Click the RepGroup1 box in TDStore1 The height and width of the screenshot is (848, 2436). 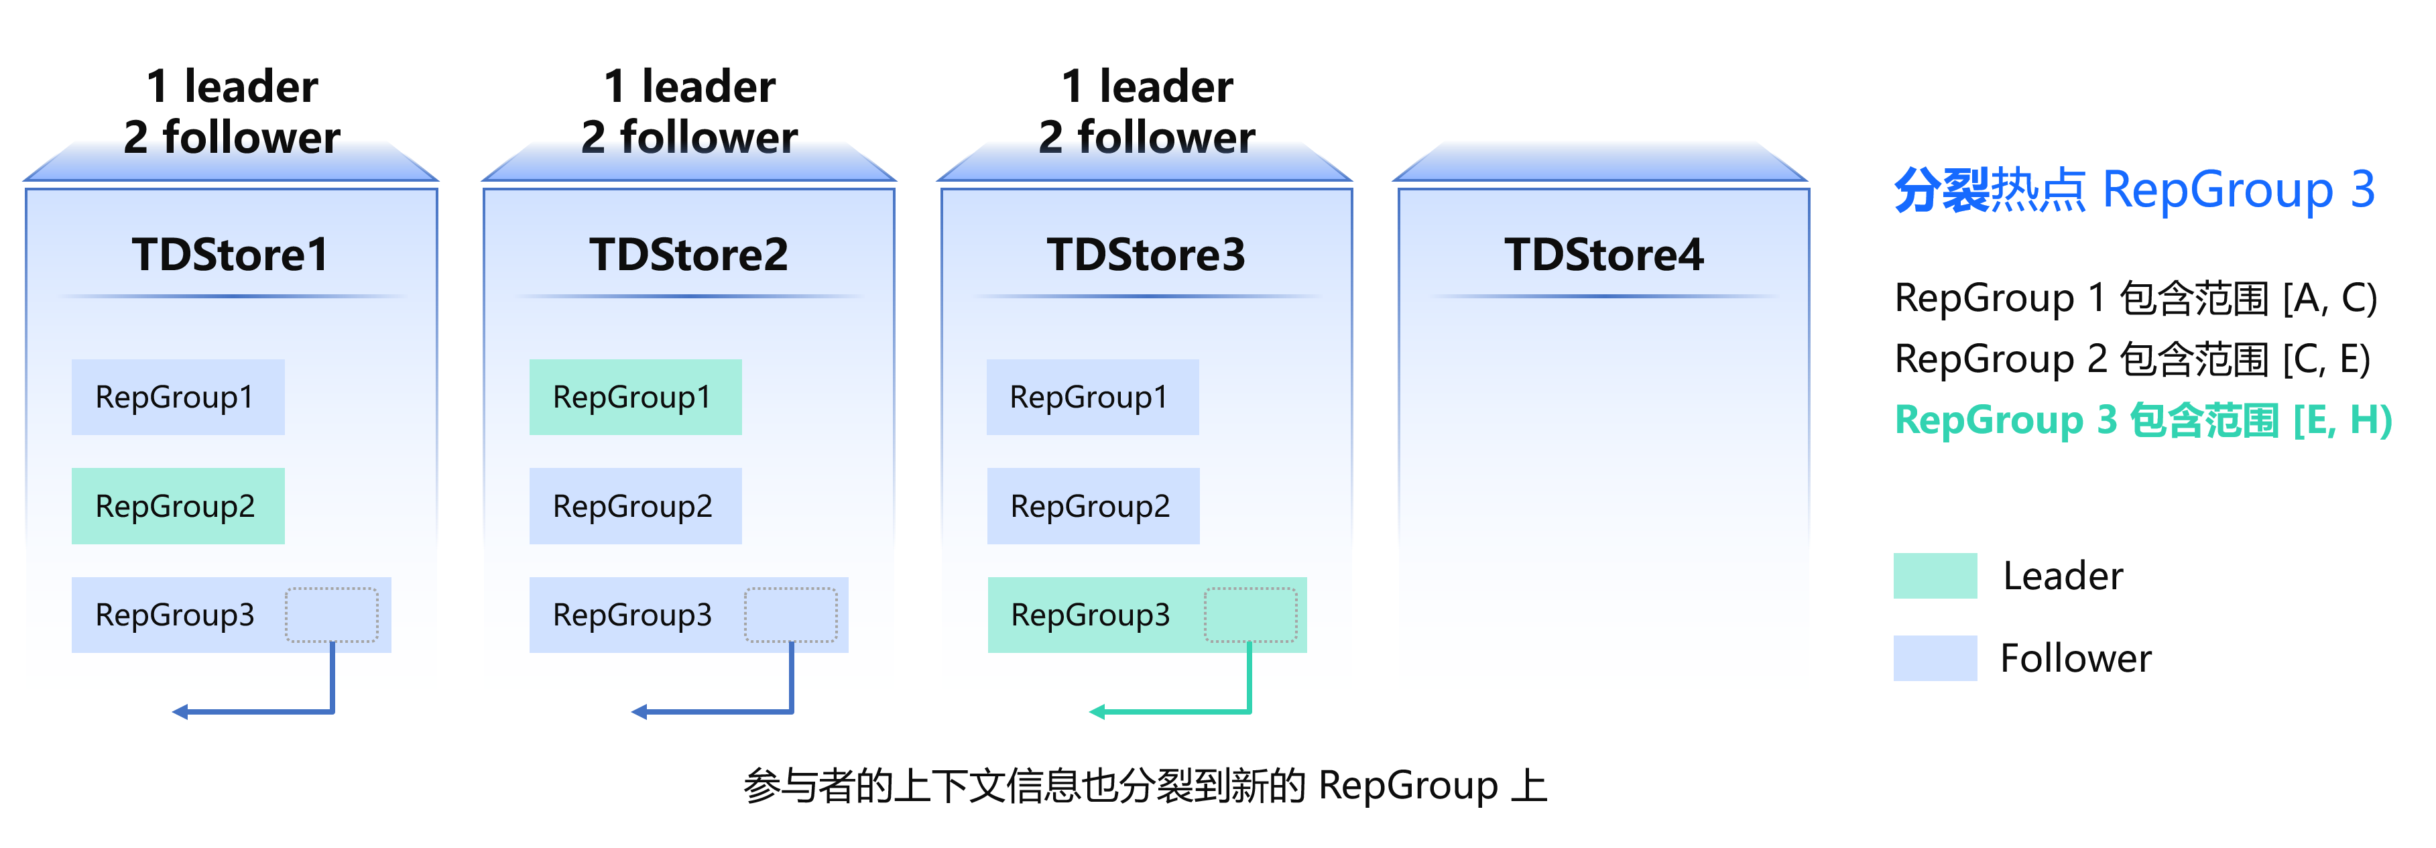click(178, 397)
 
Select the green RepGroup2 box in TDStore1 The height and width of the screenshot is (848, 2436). click(178, 505)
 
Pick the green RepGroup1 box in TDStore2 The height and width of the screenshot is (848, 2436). click(635, 397)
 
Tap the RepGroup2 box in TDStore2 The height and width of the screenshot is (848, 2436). click(635, 505)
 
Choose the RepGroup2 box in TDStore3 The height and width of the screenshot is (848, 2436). click(1093, 505)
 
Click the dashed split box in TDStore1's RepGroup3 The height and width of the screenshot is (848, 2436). click(332, 615)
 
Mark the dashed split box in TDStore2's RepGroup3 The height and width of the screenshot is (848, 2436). click(790, 615)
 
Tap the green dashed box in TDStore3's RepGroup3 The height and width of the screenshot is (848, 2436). click(1250, 615)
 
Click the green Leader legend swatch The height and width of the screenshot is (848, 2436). click(1935, 576)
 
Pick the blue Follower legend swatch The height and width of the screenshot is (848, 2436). click(1935, 658)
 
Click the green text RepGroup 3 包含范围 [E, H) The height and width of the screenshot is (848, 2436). click(2143, 420)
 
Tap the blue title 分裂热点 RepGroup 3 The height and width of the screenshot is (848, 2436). click(2134, 190)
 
